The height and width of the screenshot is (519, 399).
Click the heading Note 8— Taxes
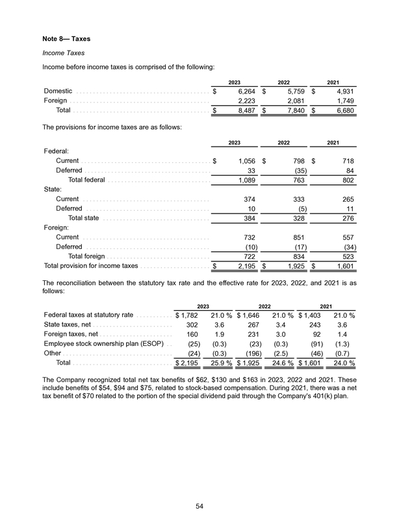[67, 39]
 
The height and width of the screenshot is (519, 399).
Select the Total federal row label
[92, 180]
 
